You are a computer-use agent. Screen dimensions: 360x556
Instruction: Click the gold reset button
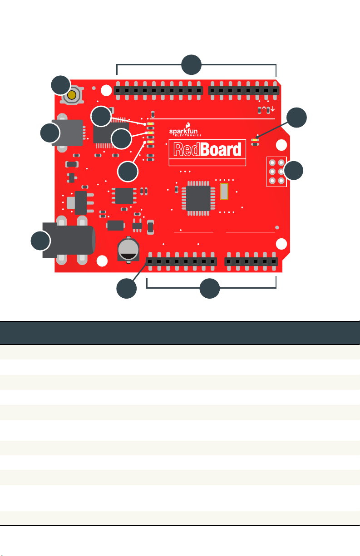72,95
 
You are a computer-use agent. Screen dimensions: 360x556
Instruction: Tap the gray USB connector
68,133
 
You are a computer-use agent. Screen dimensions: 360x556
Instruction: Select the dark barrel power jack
69,240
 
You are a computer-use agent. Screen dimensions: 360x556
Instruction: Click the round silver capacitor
128,249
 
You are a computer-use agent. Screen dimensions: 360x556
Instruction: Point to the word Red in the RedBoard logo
187,149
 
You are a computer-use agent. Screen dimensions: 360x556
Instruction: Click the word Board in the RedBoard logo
221,149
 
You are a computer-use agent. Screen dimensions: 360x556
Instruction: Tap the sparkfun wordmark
183,131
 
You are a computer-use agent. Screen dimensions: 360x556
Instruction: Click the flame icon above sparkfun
188,125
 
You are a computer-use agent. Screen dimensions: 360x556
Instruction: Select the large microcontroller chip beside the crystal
198,198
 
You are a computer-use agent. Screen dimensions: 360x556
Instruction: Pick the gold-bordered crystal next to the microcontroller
224,191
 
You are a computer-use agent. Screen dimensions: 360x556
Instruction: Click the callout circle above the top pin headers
191,65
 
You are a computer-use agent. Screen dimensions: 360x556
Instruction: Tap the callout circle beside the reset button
61,85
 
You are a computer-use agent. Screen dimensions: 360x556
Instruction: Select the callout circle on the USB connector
50,133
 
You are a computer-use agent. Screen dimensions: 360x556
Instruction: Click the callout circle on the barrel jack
40,241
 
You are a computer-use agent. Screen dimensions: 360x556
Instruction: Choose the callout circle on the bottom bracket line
210,288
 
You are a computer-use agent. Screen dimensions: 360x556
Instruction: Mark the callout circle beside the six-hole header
293,171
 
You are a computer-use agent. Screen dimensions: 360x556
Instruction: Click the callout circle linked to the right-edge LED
296,118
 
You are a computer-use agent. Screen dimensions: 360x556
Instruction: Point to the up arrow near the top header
264,109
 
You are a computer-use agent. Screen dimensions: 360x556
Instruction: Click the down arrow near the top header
272,109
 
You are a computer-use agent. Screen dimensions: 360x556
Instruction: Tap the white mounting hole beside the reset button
106,90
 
